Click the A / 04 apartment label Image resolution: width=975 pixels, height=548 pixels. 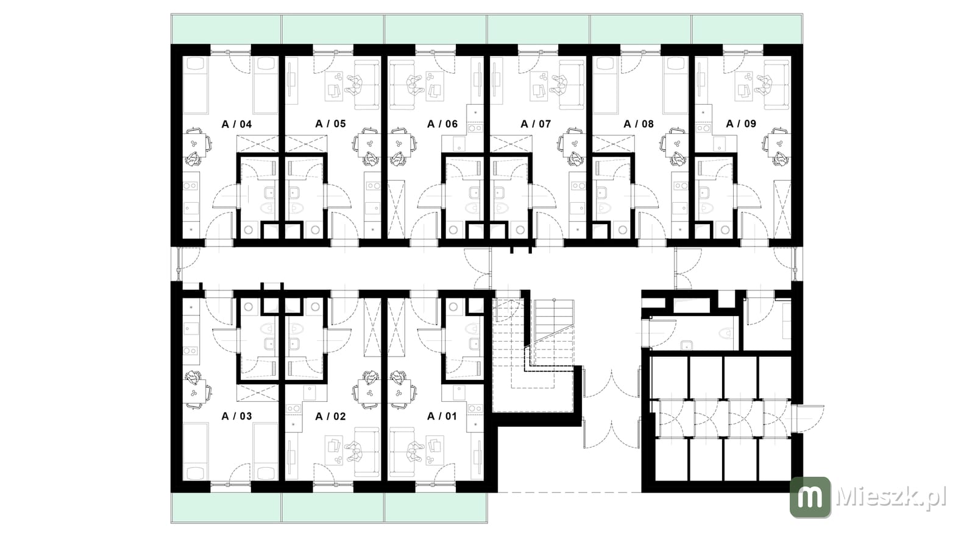(x=237, y=124)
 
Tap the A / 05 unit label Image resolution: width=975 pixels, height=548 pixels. (x=330, y=124)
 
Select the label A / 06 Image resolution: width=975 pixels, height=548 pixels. (x=442, y=124)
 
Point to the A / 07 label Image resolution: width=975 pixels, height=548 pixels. (x=536, y=124)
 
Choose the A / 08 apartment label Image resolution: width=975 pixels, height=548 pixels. (x=639, y=124)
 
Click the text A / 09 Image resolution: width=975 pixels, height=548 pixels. (x=741, y=124)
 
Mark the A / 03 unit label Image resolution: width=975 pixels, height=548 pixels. (x=237, y=416)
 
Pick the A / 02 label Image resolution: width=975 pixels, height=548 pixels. (x=330, y=416)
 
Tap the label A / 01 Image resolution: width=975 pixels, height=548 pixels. (x=442, y=416)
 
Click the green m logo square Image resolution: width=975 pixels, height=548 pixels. (x=810, y=497)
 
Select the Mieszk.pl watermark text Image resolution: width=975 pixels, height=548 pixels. (x=891, y=497)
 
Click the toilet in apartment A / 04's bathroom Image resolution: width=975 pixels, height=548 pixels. (x=268, y=208)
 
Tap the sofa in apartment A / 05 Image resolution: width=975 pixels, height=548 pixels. (x=366, y=85)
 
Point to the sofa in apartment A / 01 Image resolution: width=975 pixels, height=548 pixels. (x=402, y=452)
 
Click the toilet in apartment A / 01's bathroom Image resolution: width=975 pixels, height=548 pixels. (x=473, y=328)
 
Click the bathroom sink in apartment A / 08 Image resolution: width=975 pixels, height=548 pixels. (x=602, y=192)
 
